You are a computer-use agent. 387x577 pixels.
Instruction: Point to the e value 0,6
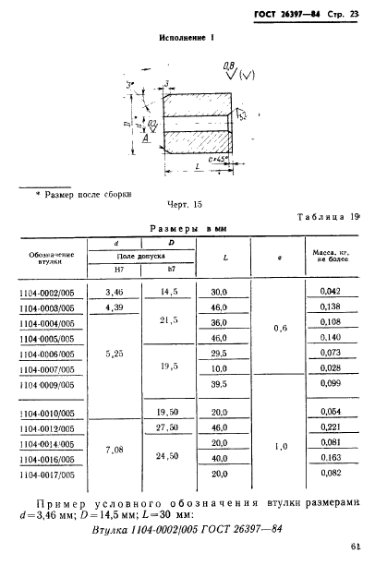(x=282, y=326)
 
